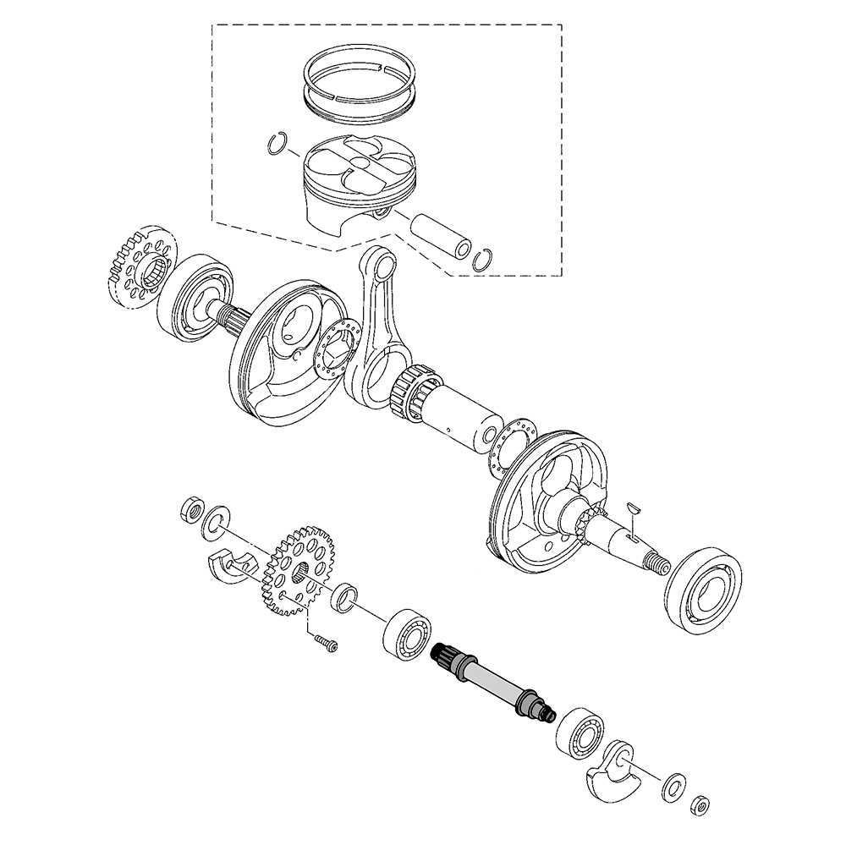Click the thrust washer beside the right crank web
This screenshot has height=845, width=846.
509,444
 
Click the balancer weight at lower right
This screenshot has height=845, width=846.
616,769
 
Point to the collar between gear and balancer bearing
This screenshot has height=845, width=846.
344,597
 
